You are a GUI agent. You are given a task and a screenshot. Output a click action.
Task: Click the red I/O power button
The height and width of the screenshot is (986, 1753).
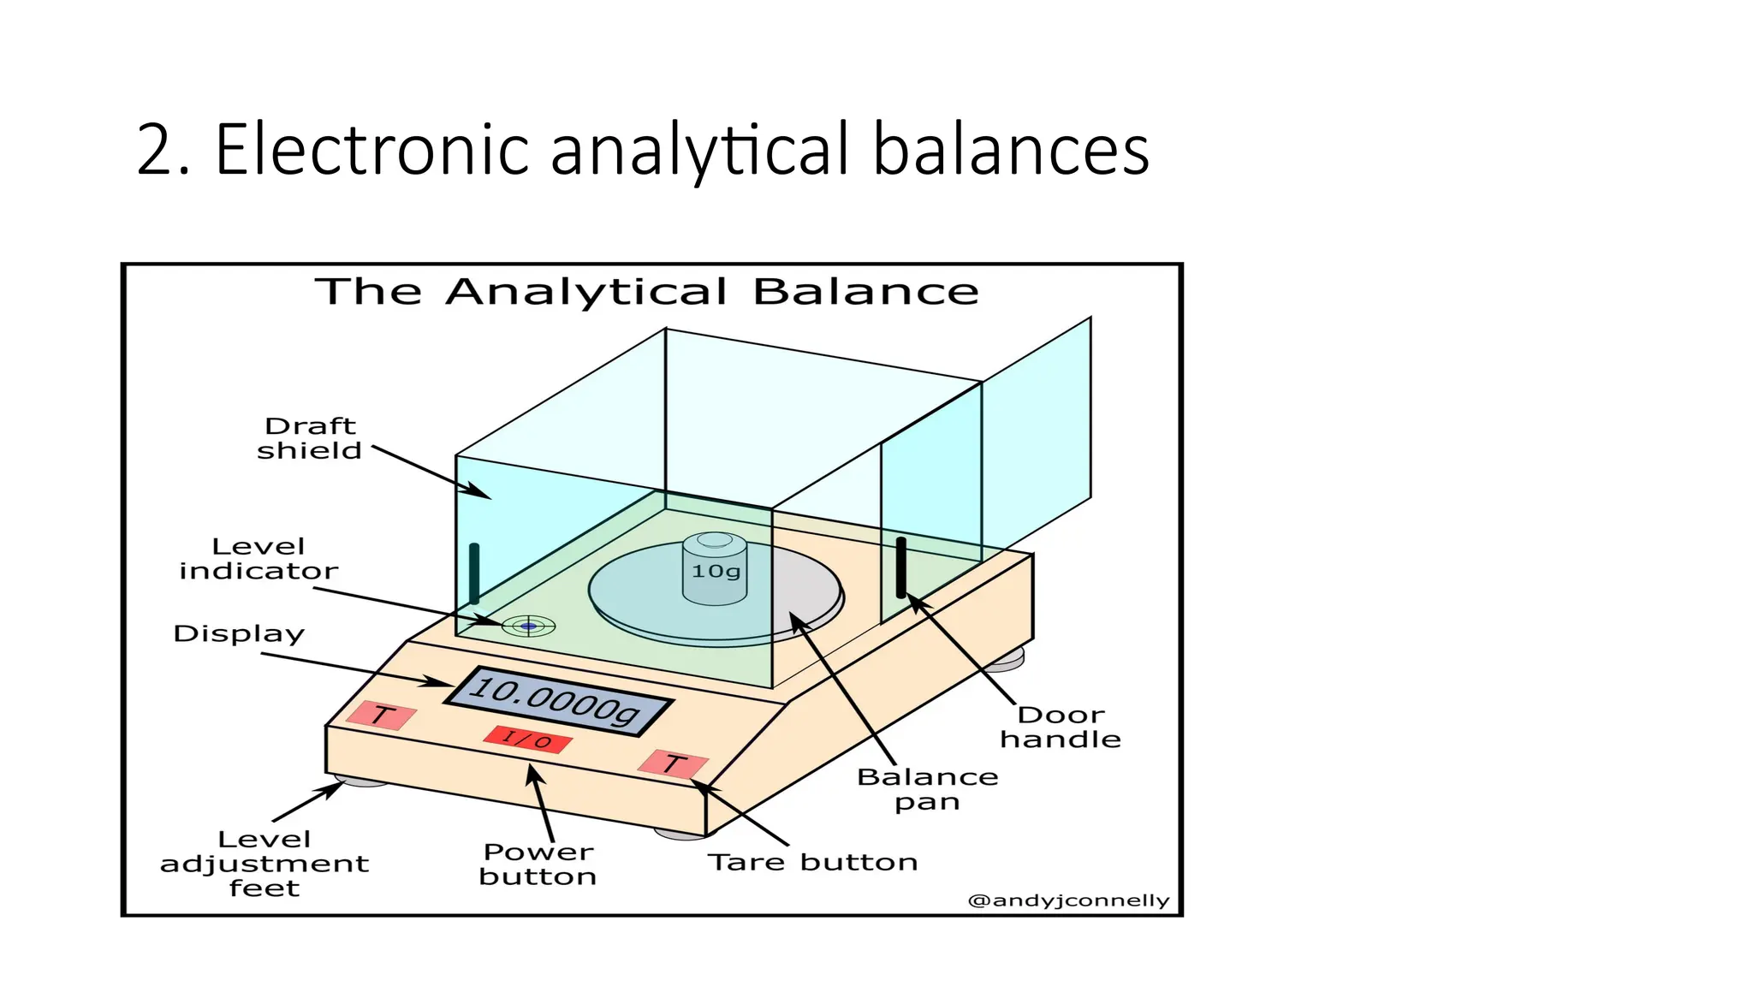tap(526, 739)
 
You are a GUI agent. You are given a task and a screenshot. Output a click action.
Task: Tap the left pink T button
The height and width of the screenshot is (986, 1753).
tap(381, 716)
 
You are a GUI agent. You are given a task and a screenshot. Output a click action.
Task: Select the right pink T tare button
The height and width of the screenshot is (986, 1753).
tap(674, 763)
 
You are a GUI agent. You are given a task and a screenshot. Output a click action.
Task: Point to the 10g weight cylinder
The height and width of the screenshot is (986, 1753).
tap(715, 569)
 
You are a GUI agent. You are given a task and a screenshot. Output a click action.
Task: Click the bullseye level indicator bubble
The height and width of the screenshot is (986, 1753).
tap(528, 627)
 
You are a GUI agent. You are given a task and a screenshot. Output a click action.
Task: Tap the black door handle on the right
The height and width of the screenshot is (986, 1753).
tap(900, 567)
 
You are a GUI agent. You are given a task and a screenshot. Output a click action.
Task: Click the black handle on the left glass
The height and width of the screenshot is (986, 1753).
tap(474, 573)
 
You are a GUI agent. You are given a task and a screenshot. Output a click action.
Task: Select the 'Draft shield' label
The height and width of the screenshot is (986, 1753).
tap(310, 438)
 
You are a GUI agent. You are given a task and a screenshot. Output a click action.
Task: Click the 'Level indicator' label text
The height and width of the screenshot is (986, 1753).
tap(258, 559)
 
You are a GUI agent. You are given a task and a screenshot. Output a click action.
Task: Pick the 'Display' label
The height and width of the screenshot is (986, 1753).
tap(239, 634)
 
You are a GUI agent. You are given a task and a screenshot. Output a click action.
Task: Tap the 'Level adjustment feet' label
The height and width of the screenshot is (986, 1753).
tap(264, 864)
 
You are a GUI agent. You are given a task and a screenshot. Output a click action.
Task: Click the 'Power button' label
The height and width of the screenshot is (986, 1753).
tap(538, 864)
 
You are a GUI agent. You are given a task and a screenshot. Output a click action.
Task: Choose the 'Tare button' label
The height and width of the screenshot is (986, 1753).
tap(812, 862)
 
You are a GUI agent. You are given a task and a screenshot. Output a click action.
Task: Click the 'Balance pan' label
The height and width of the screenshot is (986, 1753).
tap(928, 789)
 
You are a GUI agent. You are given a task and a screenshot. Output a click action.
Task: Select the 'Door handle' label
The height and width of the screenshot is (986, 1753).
tap(1061, 727)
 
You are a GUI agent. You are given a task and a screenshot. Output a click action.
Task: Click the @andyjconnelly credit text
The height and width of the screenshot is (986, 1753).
tap(1067, 900)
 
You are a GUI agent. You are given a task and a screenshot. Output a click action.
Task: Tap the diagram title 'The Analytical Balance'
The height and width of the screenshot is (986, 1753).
tap(647, 292)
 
